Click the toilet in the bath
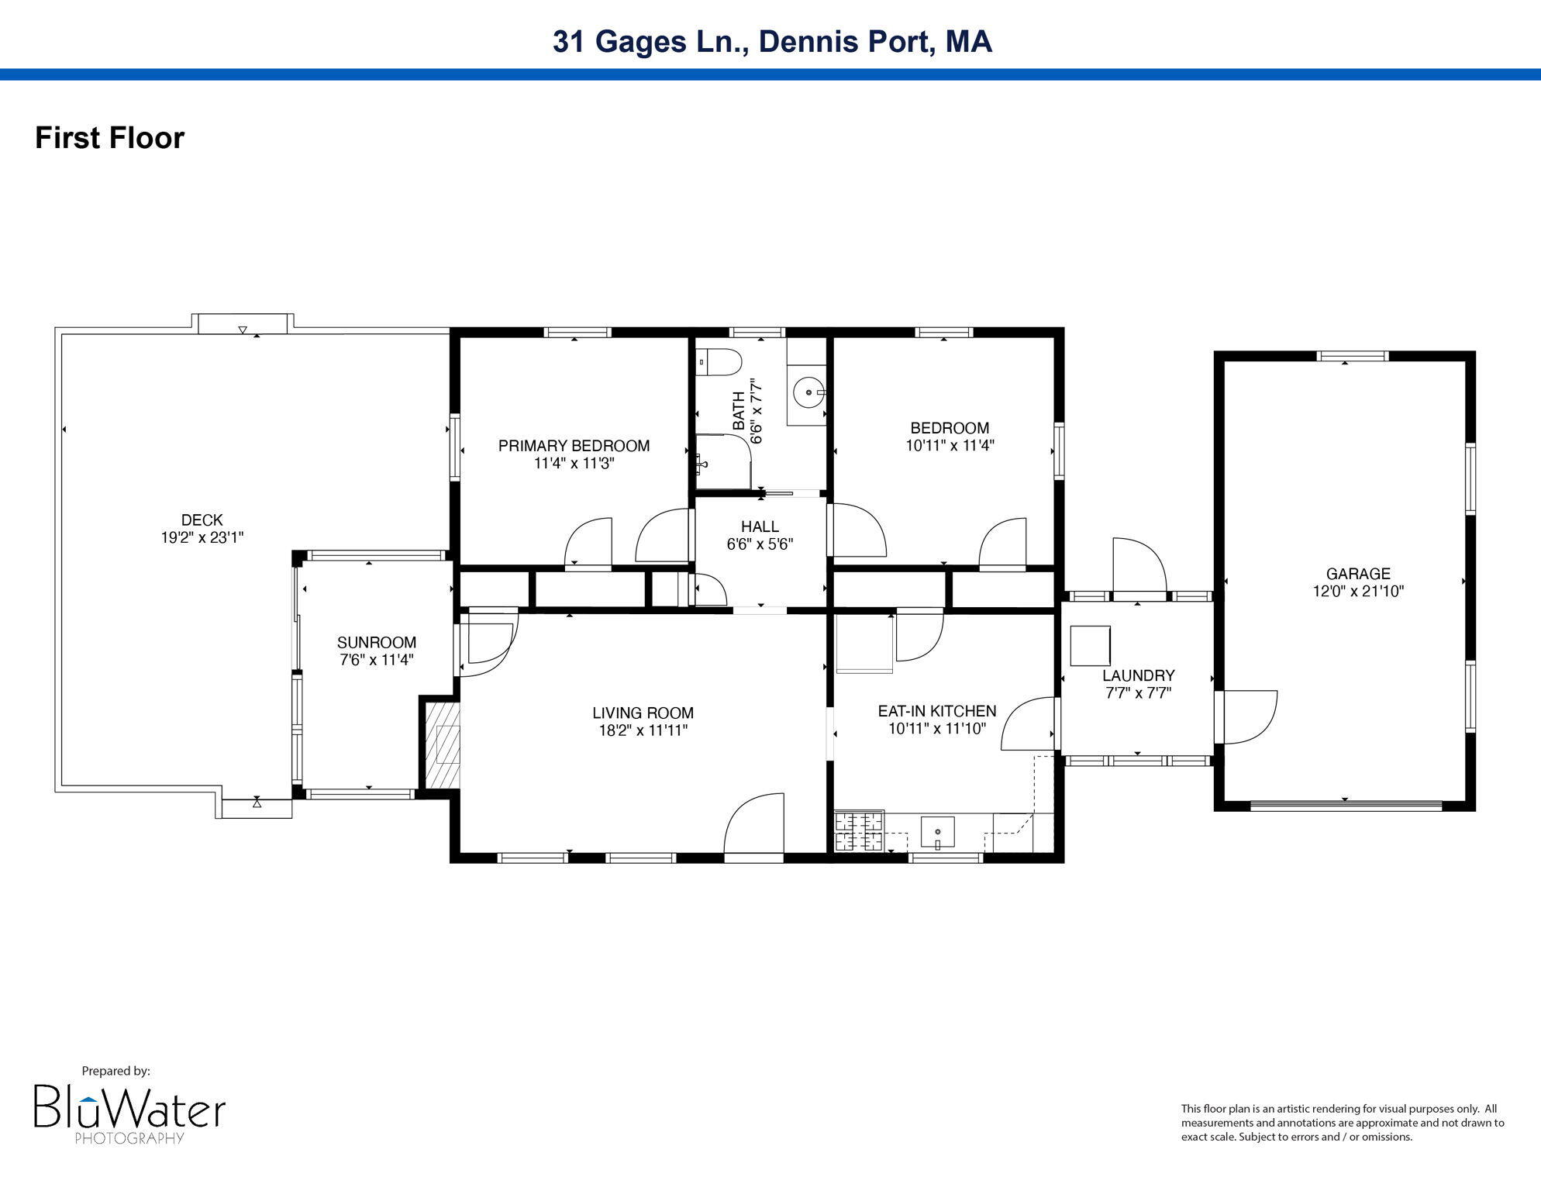pyautogui.click(x=719, y=362)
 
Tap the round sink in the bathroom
pyautogui.click(x=809, y=393)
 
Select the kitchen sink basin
pyautogui.click(x=938, y=832)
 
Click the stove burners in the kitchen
pyautogui.click(x=859, y=830)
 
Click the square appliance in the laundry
pyautogui.click(x=1090, y=646)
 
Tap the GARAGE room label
pyautogui.click(x=1358, y=574)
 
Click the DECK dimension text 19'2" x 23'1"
pyautogui.click(x=202, y=537)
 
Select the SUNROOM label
pyautogui.click(x=377, y=642)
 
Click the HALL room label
pyautogui.click(x=760, y=527)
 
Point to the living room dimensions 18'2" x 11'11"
pyautogui.click(x=643, y=730)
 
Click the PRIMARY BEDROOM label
pyautogui.click(x=574, y=446)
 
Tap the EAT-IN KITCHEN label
pyautogui.click(x=937, y=711)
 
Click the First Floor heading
pyautogui.click(x=110, y=138)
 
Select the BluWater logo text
pyautogui.click(x=129, y=1107)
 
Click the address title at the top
pyautogui.click(x=772, y=41)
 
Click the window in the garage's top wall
pyautogui.click(x=1353, y=357)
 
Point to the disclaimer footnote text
pyautogui.click(x=1343, y=1123)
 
